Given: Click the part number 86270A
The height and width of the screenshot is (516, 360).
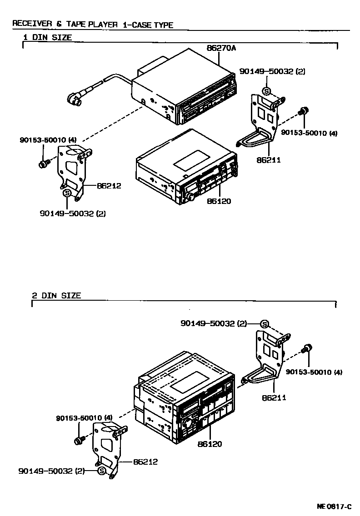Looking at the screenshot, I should pyautogui.click(x=222, y=48).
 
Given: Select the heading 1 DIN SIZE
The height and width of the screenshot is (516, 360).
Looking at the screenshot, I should pyautogui.click(x=47, y=38).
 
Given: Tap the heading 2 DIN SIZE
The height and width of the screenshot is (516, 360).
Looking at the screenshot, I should pyautogui.click(x=56, y=295).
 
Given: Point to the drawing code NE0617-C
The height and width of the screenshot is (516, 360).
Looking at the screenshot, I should pyautogui.click(x=334, y=506).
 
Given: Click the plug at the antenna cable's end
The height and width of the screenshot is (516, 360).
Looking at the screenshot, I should pyautogui.click(x=74, y=99).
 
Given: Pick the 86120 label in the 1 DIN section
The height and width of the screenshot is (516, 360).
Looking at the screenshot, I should pyautogui.click(x=219, y=201).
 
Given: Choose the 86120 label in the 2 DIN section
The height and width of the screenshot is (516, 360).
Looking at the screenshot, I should pyautogui.click(x=210, y=443).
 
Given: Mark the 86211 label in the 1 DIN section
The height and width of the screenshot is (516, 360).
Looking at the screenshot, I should pyautogui.click(x=268, y=160).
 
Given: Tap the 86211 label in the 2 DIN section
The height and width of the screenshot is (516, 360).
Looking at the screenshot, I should pyautogui.click(x=274, y=397).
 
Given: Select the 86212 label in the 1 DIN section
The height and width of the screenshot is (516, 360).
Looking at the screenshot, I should pyautogui.click(x=109, y=185).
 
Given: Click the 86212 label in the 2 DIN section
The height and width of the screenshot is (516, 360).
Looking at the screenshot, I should pyautogui.click(x=145, y=461).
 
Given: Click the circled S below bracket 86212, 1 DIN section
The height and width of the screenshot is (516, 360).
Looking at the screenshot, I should pyautogui.click(x=67, y=193).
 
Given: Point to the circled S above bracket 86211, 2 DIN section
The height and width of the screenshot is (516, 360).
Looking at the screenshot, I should pyautogui.click(x=265, y=324).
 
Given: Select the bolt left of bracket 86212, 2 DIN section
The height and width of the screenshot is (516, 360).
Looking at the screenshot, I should pyautogui.click(x=80, y=440).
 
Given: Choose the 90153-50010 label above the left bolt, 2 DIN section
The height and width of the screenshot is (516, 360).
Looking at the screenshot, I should pyautogui.click(x=85, y=417).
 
